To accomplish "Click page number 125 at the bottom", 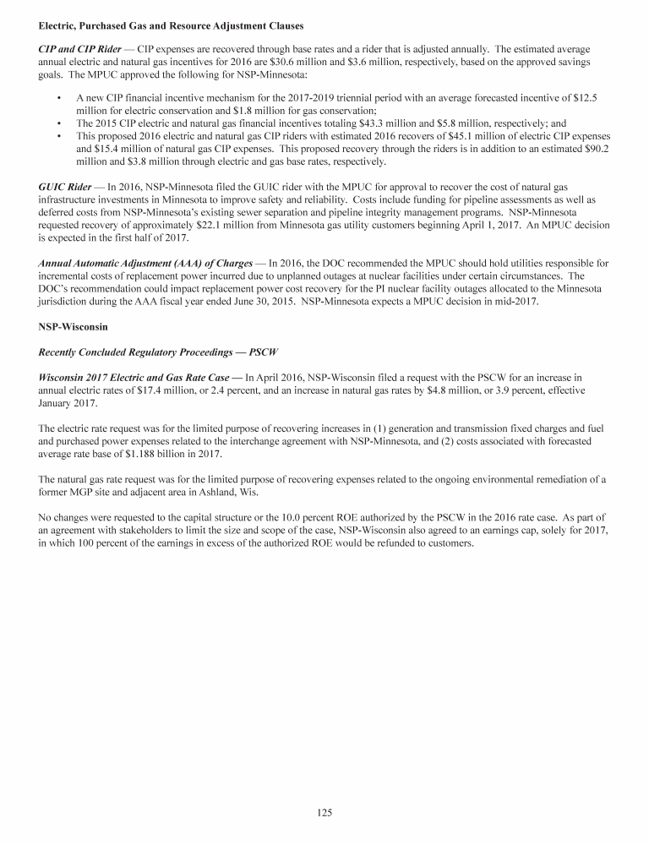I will point(324,813).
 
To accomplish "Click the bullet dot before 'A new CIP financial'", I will point(57,99).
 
